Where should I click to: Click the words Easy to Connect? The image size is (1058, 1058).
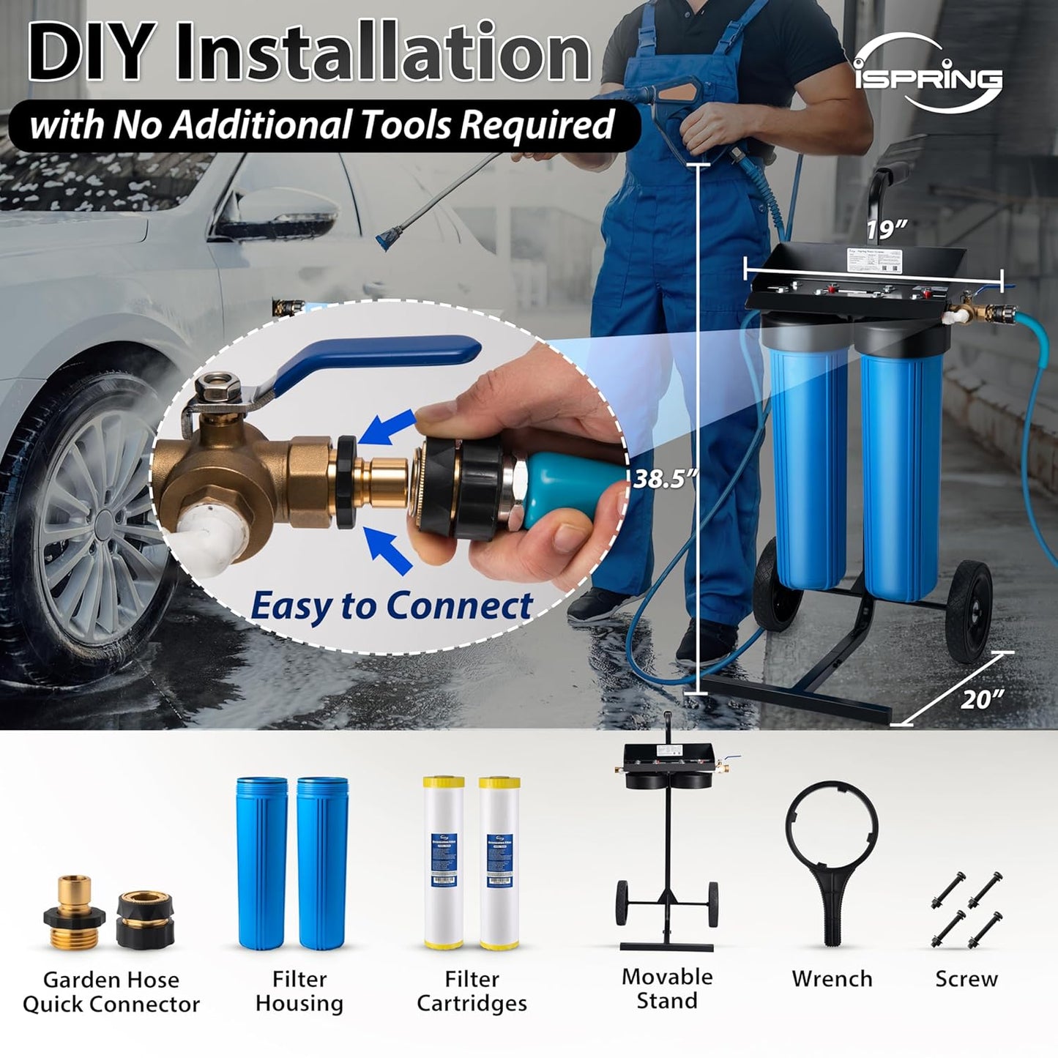point(391,606)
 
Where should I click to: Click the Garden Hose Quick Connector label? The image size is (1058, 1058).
point(111,991)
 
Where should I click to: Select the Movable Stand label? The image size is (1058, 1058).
point(666,988)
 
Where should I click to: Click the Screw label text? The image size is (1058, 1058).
point(966,979)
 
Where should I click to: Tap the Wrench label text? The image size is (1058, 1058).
point(832,979)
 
